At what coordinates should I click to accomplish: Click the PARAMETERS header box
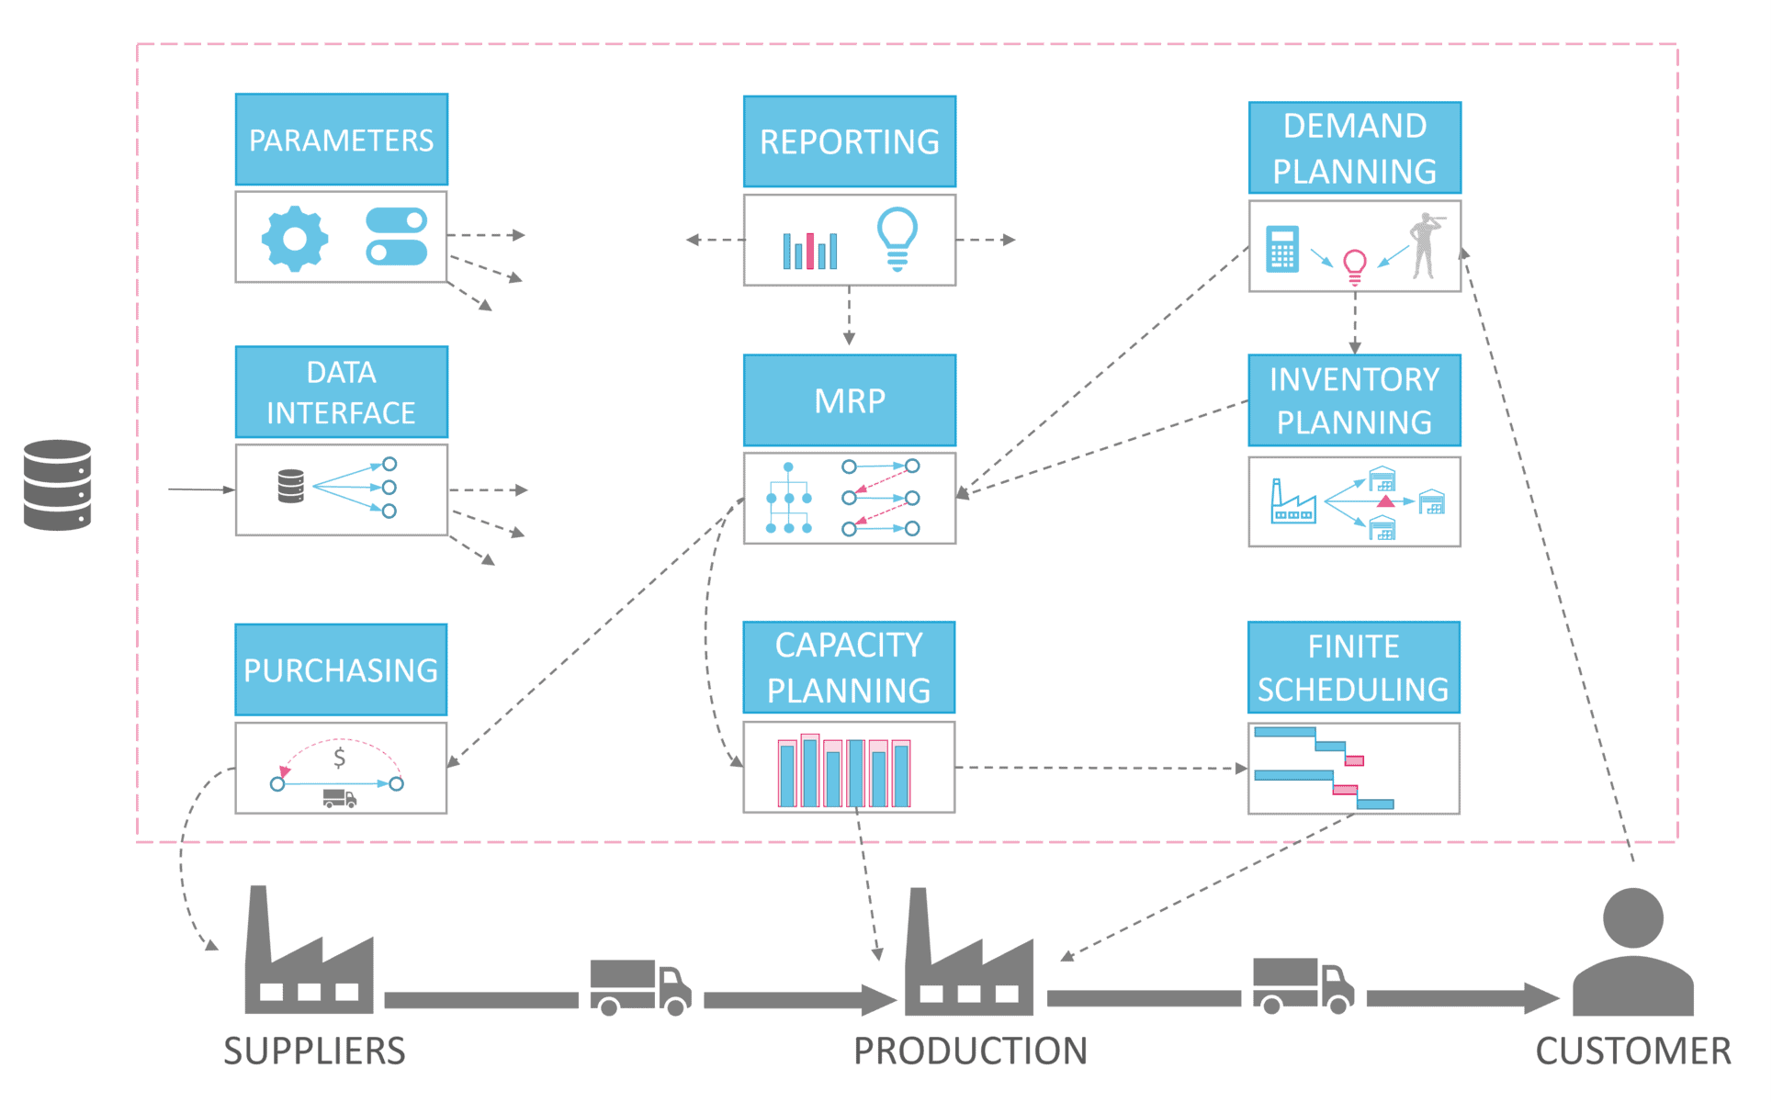coord(341,140)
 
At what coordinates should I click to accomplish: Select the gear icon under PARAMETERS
coord(294,239)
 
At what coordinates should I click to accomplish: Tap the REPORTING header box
coord(849,141)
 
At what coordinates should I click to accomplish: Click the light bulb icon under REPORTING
coord(897,238)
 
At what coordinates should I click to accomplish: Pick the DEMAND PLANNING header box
coord(1354,148)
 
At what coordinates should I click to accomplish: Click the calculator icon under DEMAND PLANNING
coord(1281,248)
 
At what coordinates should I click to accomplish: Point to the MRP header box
coord(849,400)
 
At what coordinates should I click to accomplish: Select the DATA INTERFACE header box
coord(341,392)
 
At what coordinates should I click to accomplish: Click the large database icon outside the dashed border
coord(57,485)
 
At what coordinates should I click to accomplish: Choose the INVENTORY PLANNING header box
coord(1354,400)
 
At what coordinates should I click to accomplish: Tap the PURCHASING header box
coord(341,669)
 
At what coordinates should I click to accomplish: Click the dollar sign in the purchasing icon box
coord(340,758)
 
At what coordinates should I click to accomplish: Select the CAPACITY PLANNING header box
coord(849,668)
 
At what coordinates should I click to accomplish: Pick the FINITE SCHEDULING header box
coord(1353,668)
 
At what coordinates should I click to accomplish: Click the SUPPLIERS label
coord(314,1051)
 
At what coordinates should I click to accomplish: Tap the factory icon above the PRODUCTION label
coord(968,960)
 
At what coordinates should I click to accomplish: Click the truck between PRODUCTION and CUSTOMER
coord(1303,985)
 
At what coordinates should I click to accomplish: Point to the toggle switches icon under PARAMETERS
coord(396,236)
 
